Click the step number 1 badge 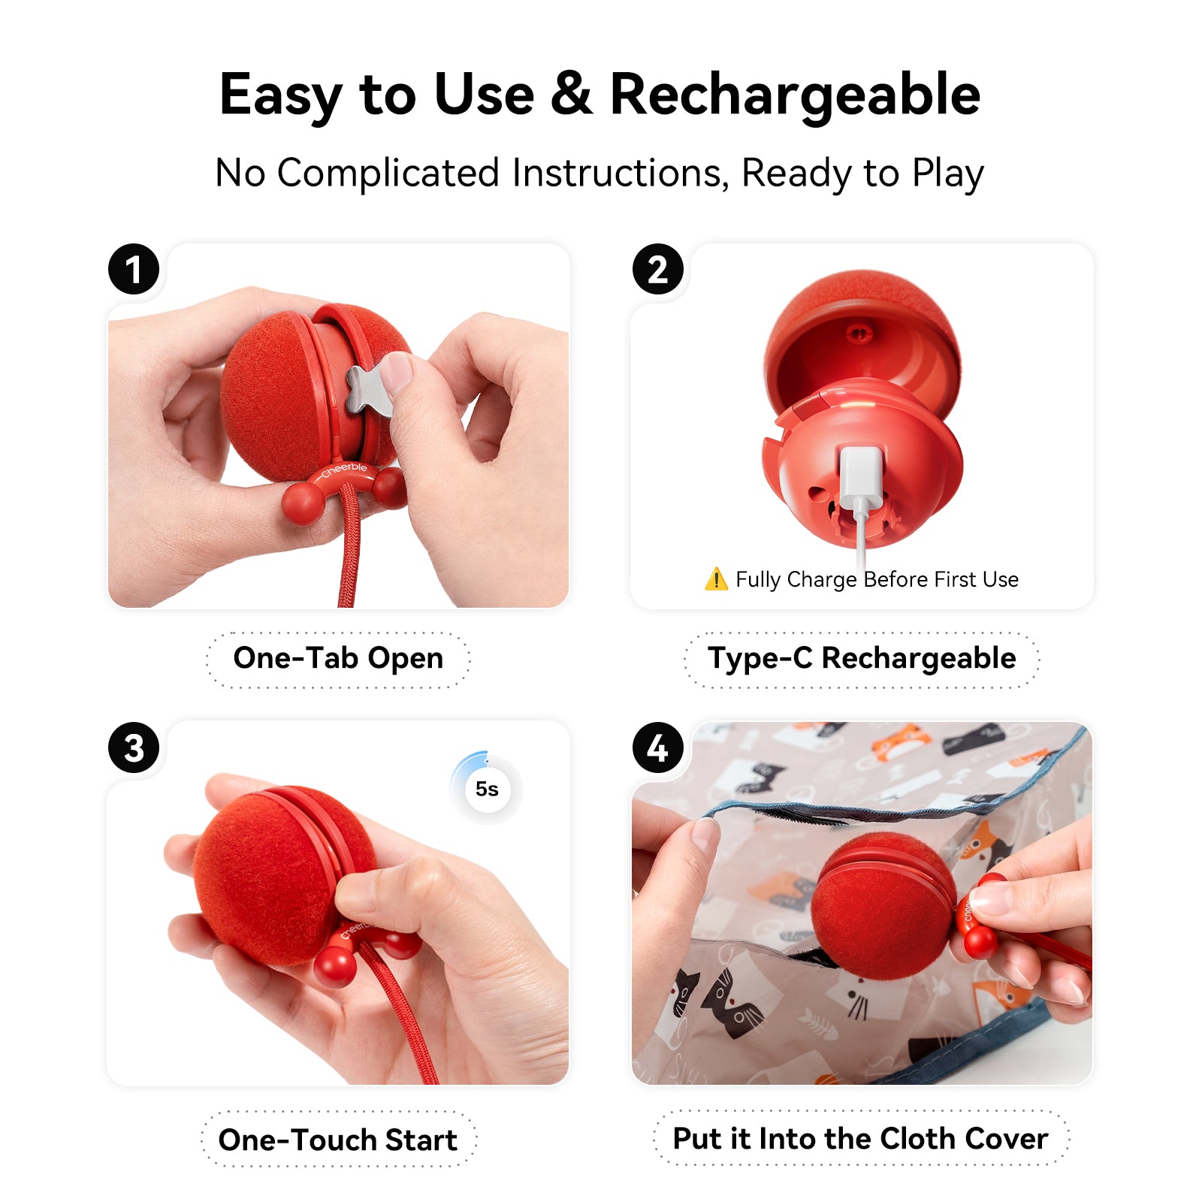(x=134, y=269)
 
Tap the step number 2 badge (x=657, y=269)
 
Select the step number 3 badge (x=134, y=747)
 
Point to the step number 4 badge (x=657, y=747)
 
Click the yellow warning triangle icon (x=716, y=579)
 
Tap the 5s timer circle (x=487, y=789)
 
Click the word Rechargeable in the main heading (x=795, y=95)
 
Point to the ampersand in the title (x=572, y=94)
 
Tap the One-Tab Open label (x=338, y=659)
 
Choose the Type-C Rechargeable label (x=862, y=659)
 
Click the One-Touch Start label (x=338, y=1140)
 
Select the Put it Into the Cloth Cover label (x=861, y=1138)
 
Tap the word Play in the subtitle (x=948, y=174)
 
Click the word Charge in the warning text (x=822, y=580)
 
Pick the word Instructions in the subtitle (x=620, y=173)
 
